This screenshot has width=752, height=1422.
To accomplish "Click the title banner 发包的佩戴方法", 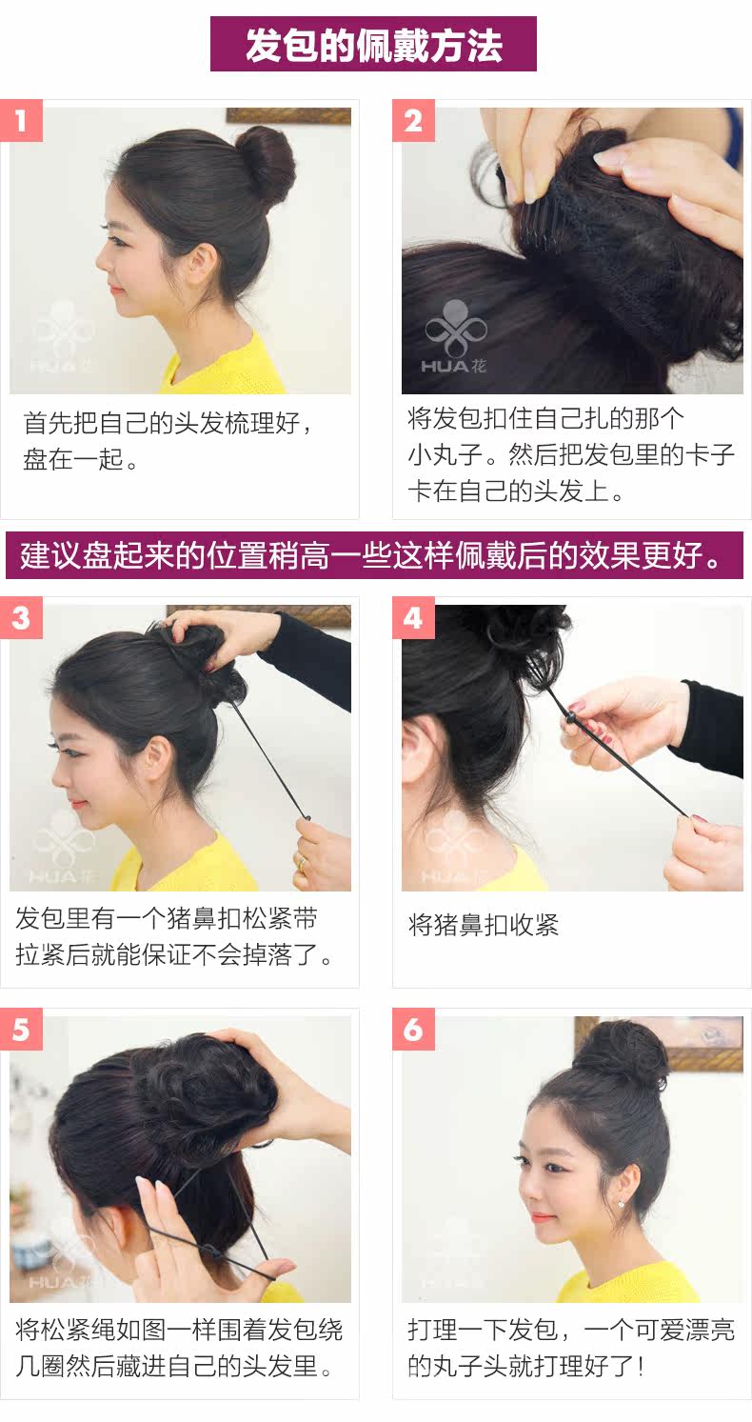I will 373,44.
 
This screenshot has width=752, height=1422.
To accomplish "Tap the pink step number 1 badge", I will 21,121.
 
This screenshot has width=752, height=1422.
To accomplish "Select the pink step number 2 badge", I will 413,121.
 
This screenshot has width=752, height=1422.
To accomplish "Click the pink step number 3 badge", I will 21,618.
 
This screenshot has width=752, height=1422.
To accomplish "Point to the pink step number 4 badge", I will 413,618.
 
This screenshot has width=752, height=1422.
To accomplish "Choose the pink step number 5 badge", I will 21,1030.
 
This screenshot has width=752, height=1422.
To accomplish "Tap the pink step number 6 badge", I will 413,1030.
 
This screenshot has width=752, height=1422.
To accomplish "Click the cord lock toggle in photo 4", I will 571,716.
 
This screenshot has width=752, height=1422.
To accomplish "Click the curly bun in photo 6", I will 621,1056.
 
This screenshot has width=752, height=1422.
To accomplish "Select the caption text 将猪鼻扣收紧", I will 483,925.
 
